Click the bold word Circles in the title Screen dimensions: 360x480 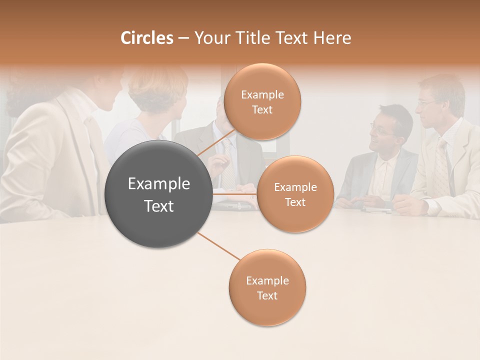click(x=146, y=38)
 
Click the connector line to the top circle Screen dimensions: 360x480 click(x=216, y=142)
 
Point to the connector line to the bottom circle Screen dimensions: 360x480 click(x=218, y=246)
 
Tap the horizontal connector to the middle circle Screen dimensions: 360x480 click(x=235, y=193)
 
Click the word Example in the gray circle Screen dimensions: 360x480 click(x=159, y=184)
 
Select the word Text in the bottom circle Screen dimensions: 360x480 click(x=267, y=296)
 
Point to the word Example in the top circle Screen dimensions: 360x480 click(x=262, y=94)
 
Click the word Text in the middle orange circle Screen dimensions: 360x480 click(x=295, y=202)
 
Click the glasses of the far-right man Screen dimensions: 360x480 click(x=426, y=102)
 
